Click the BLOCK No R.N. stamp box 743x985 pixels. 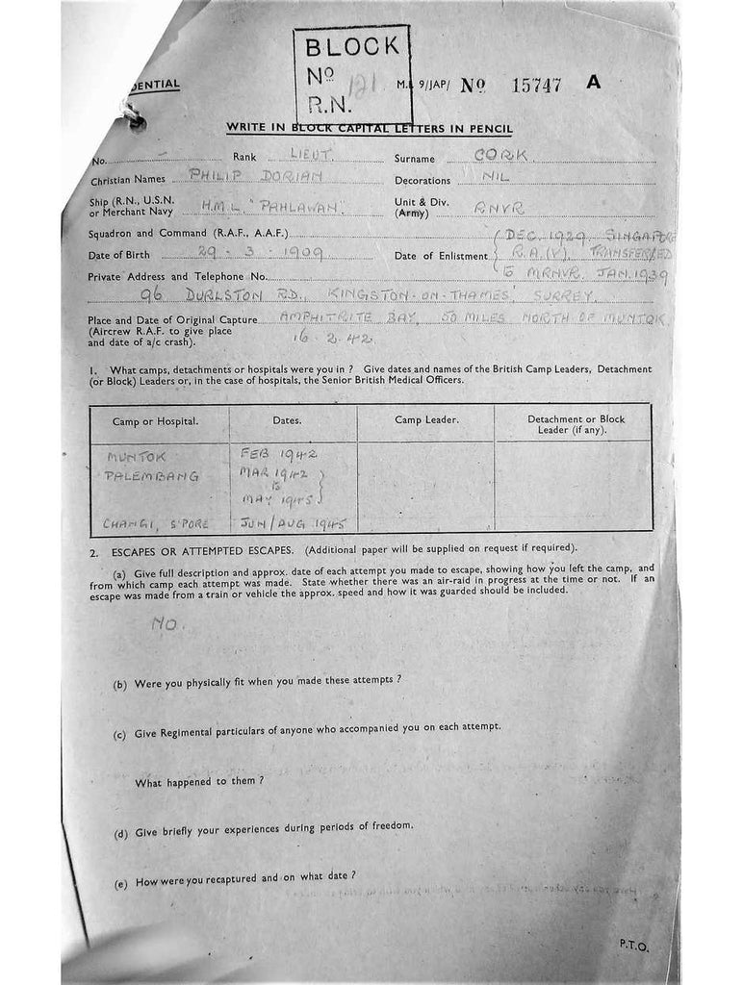point(351,74)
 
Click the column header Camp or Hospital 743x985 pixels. point(156,421)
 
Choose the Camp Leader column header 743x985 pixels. point(426,420)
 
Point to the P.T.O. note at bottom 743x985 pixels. point(634,946)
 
